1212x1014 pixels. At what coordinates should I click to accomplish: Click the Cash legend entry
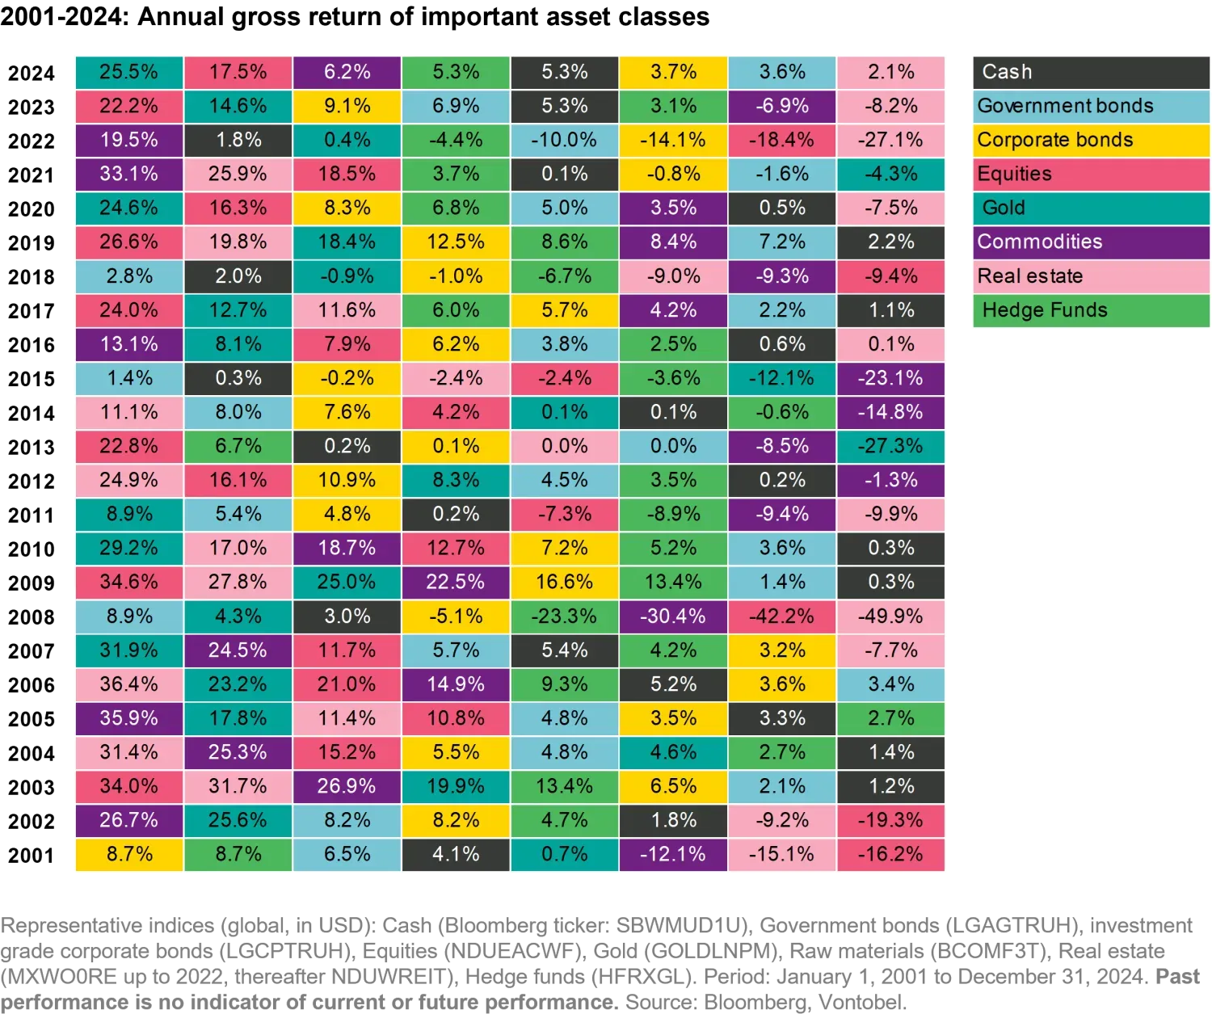[1090, 72]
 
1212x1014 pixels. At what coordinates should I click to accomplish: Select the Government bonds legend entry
[1090, 106]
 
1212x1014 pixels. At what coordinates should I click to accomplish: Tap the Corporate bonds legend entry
[1090, 140]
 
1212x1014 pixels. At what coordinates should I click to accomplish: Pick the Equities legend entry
[1090, 174]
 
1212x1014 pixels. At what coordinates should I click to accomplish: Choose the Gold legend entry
[1090, 208]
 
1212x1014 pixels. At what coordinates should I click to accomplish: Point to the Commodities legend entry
[1090, 242]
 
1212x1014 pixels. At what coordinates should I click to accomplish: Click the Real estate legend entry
[1090, 276]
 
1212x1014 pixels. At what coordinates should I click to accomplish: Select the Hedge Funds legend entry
[1090, 309]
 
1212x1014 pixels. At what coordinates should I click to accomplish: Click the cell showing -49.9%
[890, 616]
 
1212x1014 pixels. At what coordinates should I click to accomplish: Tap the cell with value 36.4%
[128, 684]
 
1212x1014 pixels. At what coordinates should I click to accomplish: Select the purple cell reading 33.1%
[128, 174]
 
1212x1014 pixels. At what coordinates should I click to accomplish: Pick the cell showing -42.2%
[781, 616]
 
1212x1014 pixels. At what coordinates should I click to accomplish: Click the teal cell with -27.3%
[890, 446]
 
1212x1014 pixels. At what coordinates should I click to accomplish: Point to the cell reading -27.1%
[890, 140]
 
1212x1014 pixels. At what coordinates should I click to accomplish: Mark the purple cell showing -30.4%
[673, 616]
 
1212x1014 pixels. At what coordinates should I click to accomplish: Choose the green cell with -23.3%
[564, 616]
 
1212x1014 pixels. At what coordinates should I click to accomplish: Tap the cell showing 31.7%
[238, 785]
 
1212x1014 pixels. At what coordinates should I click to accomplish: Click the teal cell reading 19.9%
[456, 785]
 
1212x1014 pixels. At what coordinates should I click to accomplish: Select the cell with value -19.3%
[890, 819]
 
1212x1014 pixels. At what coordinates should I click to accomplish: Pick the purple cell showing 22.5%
[456, 582]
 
